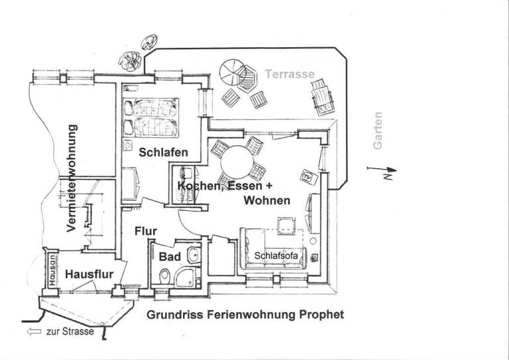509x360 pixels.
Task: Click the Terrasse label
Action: click(x=290, y=74)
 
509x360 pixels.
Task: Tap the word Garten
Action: click(x=378, y=130)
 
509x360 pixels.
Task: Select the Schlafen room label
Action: click(x=163, y=152)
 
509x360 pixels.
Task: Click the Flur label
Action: click(x=145, y=231)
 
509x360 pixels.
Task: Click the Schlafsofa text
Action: click(x=275, y=255)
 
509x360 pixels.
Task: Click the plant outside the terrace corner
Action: click(x=131, y=60)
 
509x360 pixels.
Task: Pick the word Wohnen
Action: click(x=266, y=200)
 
